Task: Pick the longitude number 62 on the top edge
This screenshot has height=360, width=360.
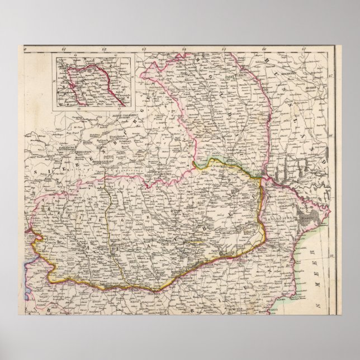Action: [104, 53]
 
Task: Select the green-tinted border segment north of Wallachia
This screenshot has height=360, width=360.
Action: [224, 162]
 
